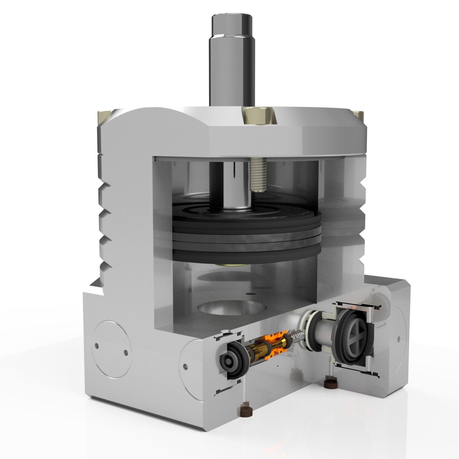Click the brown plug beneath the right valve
(x=330, y=383)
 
